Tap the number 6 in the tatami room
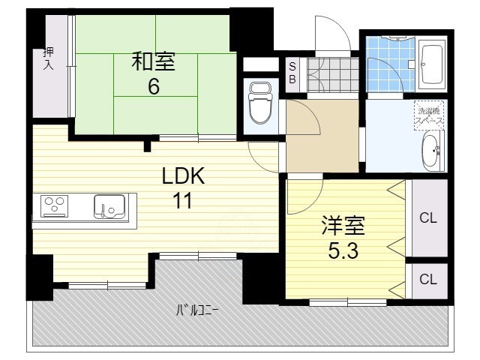(153, 86)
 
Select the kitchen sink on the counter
(109, 205)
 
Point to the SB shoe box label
(292, 73)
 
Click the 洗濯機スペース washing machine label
(430, 114)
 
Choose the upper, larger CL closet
(427, 218)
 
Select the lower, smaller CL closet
(427, 280)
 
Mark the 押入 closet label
(47, 58)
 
